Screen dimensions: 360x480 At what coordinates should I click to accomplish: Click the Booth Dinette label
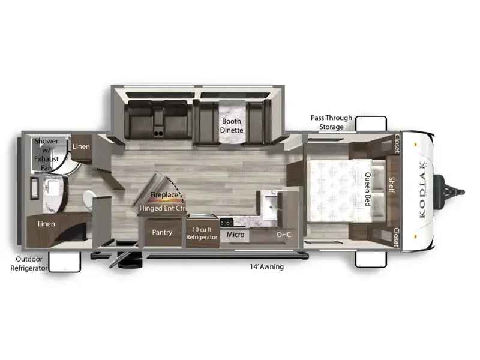tap(231, 125)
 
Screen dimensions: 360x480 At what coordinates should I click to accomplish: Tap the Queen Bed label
tap(368, 190)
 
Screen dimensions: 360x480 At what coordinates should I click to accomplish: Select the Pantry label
tap(162, 232)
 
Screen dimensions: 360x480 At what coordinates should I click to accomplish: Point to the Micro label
tap(235, 234)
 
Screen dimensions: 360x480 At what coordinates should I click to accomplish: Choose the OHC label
tap(283, 234)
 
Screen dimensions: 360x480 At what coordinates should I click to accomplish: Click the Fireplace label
tap(163, 195)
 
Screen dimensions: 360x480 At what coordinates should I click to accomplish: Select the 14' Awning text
tap(267, 266)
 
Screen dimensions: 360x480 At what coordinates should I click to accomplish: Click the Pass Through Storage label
tap(331, 122)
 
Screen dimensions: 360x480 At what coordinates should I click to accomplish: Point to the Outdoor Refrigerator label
tap(29, 264)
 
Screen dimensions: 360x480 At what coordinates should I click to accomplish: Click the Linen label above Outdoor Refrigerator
tap(46, 224)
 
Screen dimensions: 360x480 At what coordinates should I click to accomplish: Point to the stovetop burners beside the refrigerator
tap(227, 220)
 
